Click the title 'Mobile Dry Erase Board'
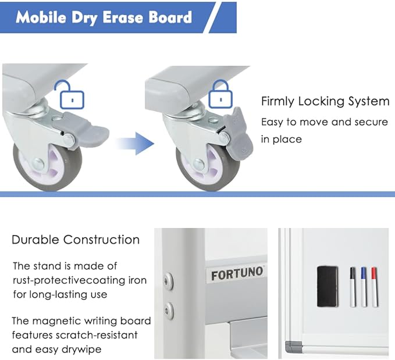point(104,17)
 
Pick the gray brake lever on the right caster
point(240,133)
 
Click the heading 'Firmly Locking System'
point(325,101)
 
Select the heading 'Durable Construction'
point(76,240)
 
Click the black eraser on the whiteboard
point(329,286)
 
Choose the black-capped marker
point(353,287)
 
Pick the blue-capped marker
point(364,287)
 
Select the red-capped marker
point(375,287)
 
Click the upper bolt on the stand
point(168,281)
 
